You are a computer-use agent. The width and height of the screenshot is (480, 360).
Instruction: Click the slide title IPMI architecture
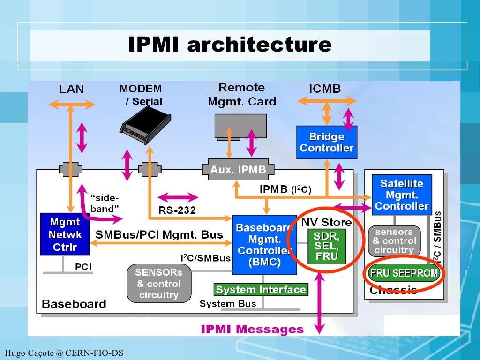[230, 45]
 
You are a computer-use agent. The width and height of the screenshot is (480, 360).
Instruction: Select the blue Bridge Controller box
[327, 142]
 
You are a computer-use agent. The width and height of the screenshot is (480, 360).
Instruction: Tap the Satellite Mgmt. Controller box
[401, 195]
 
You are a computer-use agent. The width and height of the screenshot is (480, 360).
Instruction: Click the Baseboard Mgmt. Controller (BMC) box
[264, 245]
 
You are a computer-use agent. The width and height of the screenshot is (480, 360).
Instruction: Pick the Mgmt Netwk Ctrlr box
[64, 234]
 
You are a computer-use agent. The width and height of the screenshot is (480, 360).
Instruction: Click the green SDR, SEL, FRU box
[326, 246]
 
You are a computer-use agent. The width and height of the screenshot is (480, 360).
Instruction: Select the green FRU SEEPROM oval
[404, 273]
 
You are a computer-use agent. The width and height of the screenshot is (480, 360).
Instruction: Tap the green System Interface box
[261, 290]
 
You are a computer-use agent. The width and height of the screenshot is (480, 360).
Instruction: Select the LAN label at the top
[71, 89]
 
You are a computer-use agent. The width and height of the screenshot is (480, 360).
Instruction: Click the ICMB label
[325, 89]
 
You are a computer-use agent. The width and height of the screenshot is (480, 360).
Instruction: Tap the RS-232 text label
[177, 210]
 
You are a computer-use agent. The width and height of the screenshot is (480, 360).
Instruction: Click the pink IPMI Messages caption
[252, 329]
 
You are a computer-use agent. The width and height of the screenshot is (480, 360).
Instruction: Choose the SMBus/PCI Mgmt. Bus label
[159, 234]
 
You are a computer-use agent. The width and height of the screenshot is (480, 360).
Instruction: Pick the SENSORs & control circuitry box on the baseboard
[158, 284]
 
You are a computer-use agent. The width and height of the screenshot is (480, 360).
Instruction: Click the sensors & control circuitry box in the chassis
[394, 241]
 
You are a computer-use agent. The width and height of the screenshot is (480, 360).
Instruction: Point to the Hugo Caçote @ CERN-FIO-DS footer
[64, 352]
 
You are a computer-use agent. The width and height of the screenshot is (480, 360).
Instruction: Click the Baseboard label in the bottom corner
[74, 304]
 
